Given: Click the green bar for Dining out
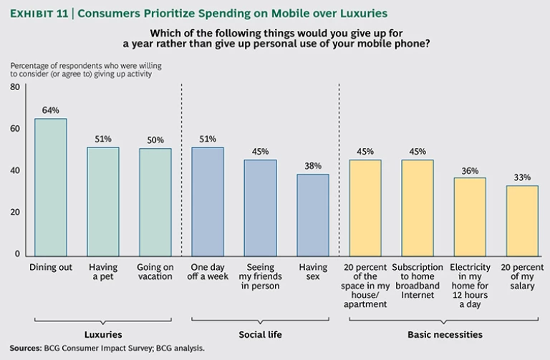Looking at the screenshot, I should [x=51, y=186].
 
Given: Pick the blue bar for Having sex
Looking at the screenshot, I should [x=313, y=214].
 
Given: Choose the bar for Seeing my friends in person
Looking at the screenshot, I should [x=261, y=207].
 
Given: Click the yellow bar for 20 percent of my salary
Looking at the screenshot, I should [x=521, y=220].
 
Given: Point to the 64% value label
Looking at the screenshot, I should [x=51, y=110].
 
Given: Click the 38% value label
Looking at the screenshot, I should [x=313, y=165].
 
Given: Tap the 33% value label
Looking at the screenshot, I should [x=521, y=176].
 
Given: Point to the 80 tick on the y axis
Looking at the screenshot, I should [x=14, y=87].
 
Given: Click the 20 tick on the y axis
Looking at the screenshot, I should [x=14, y=213].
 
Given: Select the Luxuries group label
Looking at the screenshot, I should [x=103, y=334].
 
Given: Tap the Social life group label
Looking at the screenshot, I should [x=260, y=334].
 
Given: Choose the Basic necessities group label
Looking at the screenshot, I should [x=444, y=334].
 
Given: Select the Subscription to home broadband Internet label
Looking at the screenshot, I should [x=418, y=276].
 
